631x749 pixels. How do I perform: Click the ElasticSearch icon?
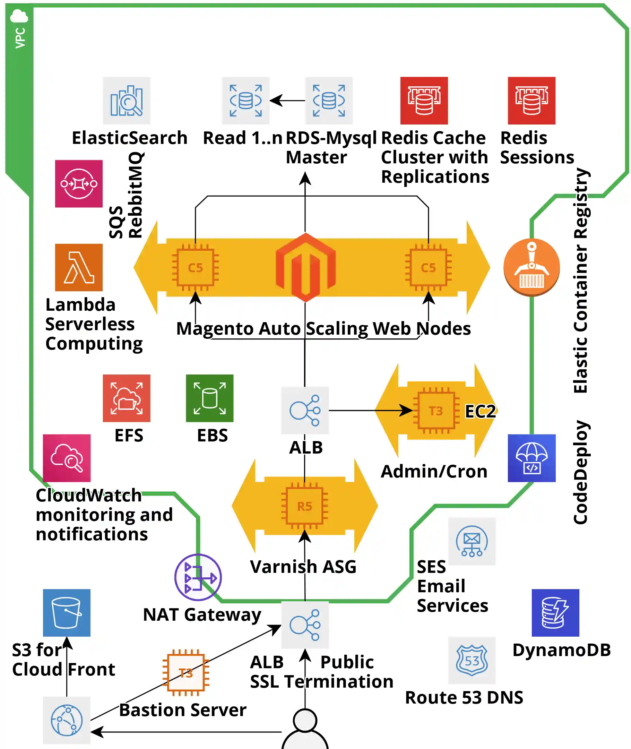click(126, 101)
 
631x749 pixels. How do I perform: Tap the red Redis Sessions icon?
click(531, 101)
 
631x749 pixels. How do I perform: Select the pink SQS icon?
click(79, 183)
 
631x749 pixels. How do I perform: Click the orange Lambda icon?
click(79, 267)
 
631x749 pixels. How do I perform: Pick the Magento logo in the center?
click(305, 267)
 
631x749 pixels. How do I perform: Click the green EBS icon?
click(210, 398)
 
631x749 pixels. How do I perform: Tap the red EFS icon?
click(126, 398)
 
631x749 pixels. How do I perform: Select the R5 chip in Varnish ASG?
click(304, 506)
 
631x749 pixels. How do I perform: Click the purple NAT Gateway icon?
click(198, 577)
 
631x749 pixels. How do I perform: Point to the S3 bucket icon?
click(67, 613)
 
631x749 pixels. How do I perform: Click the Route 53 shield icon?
click(472, 660)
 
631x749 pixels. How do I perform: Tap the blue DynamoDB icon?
click(555, 613)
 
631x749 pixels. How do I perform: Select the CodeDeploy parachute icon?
click(531, 458)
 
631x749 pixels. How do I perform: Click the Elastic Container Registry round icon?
click(531, 267)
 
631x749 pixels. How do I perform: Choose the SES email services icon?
click(472, 541)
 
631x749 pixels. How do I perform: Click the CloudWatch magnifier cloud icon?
click(67, 458)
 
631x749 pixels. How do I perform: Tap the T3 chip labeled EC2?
click(436, 411)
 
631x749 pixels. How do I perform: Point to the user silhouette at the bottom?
click(305, 730)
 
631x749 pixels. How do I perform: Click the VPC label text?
click(20, 38)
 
